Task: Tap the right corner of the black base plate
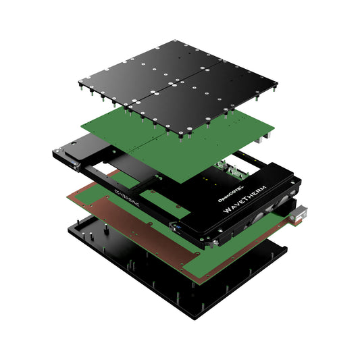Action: coord(286,251)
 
